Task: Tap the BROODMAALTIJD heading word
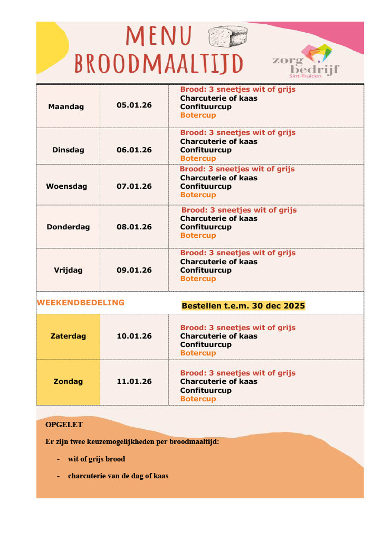[159, 64]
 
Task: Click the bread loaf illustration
[228, 36]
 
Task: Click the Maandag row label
[66, 107]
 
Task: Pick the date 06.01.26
[134, 150]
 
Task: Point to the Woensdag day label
[66, 186]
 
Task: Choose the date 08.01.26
[134, 227]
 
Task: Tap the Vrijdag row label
[68, 270]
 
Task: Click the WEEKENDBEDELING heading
[81, 303]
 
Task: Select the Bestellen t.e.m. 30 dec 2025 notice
[243, 306]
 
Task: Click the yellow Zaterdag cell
[68, 336]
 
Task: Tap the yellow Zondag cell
[68, 381]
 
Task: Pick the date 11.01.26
[134, 381]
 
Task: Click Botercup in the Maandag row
[198, 115]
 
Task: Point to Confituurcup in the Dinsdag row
[206, 150]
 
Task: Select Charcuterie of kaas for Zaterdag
[219, 336]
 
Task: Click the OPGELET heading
[64, 425]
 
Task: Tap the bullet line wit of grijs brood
[97, 459]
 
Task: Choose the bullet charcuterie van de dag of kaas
[118, 476]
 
